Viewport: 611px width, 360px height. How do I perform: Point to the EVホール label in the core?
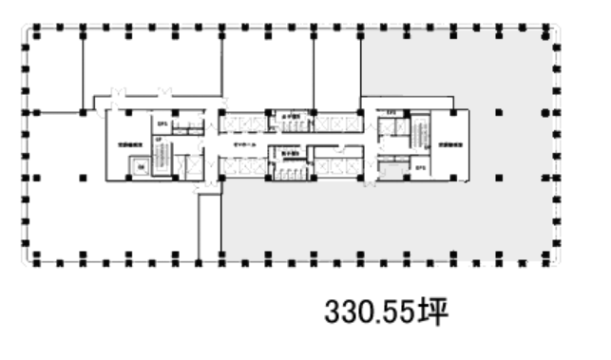tap(245, 143)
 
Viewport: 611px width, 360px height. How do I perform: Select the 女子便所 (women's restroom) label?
tap(289, 120)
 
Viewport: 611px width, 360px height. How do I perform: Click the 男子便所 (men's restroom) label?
tap(289, 153)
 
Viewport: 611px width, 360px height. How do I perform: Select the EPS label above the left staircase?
tap(162, 123)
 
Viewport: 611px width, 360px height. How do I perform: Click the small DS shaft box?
tap(139, 167)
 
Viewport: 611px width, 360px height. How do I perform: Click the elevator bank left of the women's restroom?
tap(243, 122)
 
